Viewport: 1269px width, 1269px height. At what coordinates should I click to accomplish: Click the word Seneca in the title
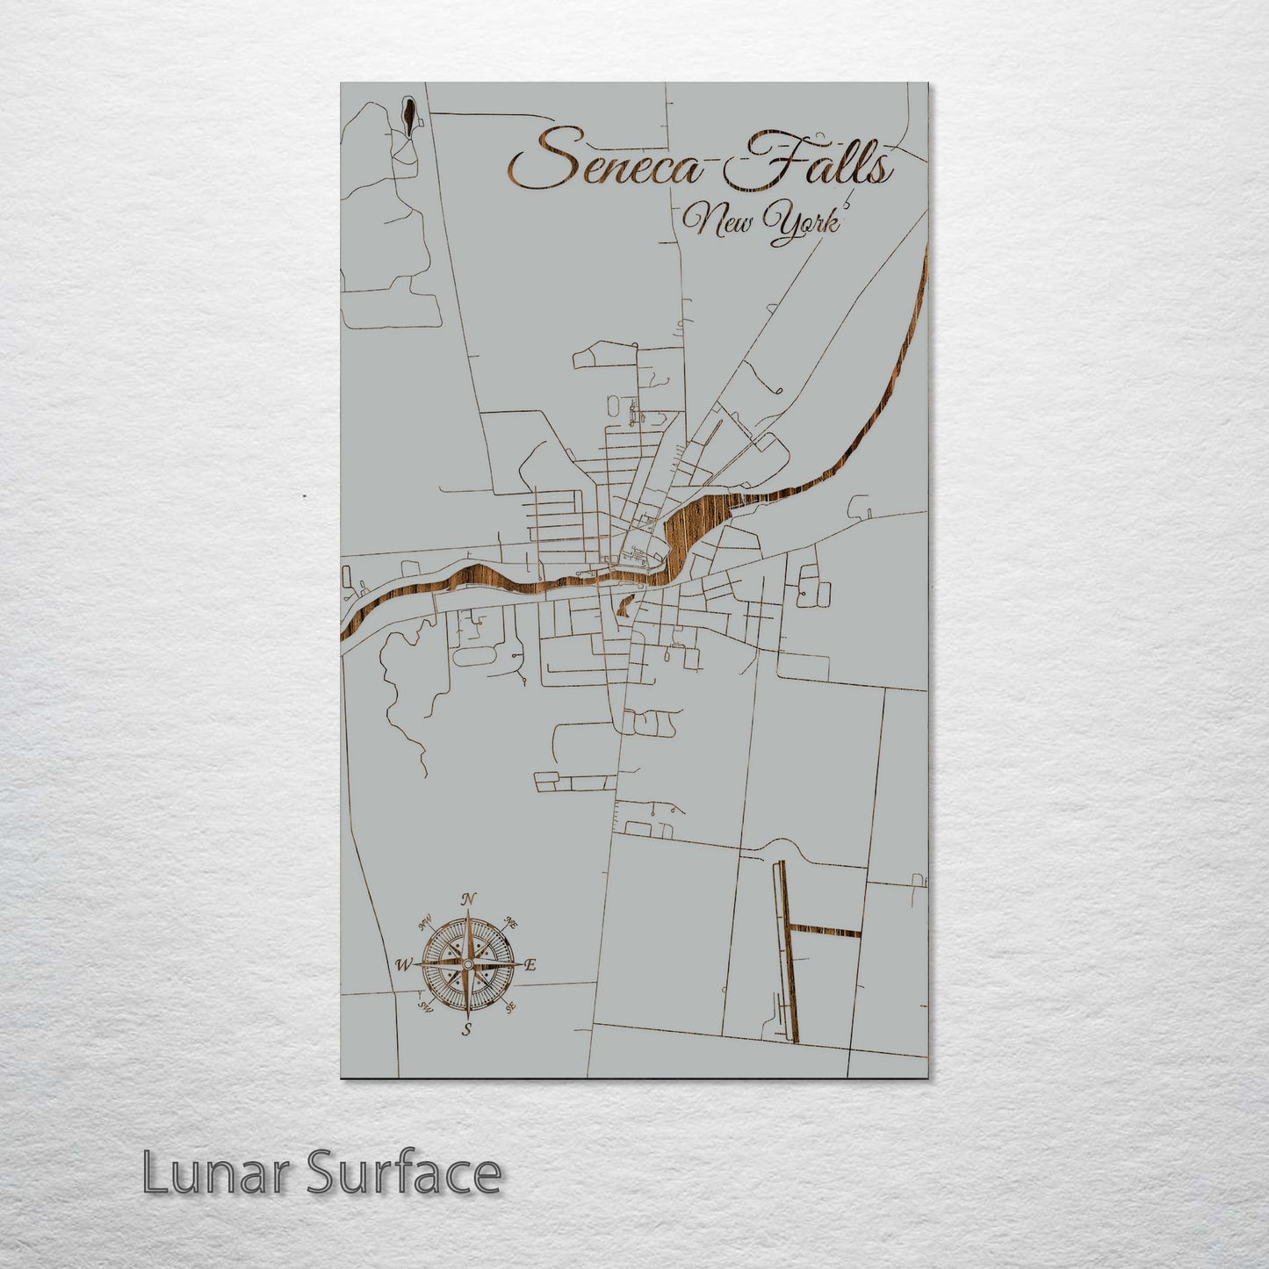click(x=608, y=160)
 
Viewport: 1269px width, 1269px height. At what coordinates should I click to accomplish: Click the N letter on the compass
click(x=469, y=898)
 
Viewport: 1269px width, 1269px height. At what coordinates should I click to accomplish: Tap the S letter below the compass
click(x=467, y=1029)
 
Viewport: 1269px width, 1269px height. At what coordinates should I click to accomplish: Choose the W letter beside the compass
click(x=403, y=964)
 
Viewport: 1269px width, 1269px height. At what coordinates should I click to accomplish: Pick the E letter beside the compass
click(x=530, y=965)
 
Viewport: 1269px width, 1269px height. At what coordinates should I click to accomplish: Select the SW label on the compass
click(x=425, y=1006)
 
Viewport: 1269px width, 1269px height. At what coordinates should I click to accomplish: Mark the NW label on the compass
click(x=427, y=922)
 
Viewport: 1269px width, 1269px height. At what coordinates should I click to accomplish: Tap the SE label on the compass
click(x=511, y=1006)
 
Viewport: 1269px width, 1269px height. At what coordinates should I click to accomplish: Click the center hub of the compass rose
click(x=468, y=964)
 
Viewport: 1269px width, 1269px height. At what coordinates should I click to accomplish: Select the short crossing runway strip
click(x=826, y=931)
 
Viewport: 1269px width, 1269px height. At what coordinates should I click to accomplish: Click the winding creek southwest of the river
click(x=400, y=694)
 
